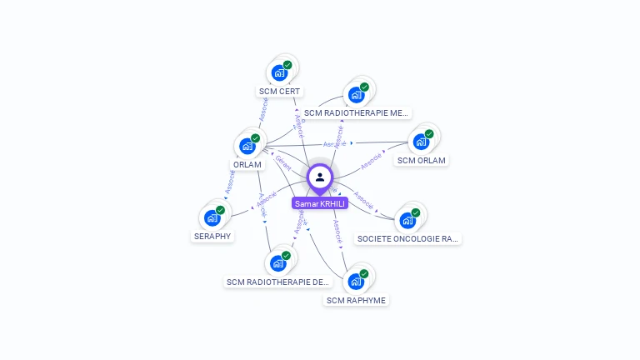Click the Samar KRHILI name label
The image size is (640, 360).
click(x=320, y=203)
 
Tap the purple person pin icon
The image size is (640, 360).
click(x=320, y=177)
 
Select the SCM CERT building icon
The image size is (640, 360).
click(x=279, y=72)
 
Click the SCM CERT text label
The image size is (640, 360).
click(x=279, y=92)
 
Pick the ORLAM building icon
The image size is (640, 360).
click(x=247, y=146)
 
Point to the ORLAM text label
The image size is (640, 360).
click(x=247, y=165)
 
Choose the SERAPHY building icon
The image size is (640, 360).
click(x=212, y=217)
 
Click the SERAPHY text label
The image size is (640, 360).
click(x=212, y=236)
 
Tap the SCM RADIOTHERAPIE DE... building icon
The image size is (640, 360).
click(x=278, y=263)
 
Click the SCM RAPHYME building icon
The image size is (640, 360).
click(x=356, y=281)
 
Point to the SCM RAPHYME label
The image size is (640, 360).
click(x=356, y=300)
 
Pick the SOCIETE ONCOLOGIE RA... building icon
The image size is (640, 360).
click(x=407, y=220)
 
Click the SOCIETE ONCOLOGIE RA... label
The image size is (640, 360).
click(x=407, y=239)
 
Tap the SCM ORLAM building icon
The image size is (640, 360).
click(x=421, y=142)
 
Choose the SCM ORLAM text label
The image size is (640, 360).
click(x=421, y=161)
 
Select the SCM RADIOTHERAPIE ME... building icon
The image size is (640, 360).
click(x=356, y=94)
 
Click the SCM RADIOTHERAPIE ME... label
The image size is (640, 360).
click(x=356, y=112)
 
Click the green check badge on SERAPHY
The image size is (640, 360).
click(x=221, y=210)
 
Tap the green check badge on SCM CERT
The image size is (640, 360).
click(x=287, y=65)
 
